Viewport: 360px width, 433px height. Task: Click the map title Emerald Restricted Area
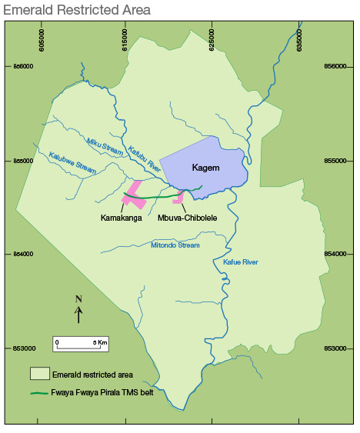click(x=75, y=10)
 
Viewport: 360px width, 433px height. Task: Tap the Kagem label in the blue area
click(x=205, y=167)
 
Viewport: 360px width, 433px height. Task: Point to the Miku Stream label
click(x=105, y=147)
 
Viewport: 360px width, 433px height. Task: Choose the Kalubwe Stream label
click(x=72, y=162)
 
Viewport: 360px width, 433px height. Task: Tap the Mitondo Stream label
click(x=175, y=245)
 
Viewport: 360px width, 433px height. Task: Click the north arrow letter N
click(x=78, y=299)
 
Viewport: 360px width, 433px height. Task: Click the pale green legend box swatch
click(x=40, y=375)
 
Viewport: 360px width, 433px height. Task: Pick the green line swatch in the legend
click(x=40, y=394)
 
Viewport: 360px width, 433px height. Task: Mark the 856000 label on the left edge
click(x=23, y=66)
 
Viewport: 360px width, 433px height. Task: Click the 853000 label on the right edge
click(x=336, y=348)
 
